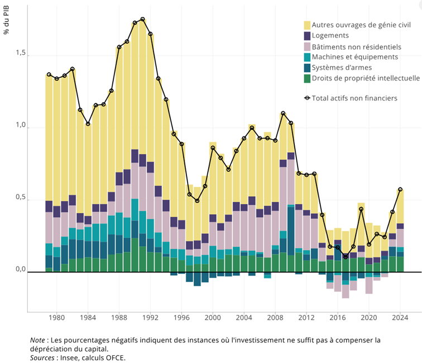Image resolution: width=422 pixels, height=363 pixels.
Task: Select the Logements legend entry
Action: tap(330, 36)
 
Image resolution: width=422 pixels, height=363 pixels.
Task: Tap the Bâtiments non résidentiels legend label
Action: tap(356, 46)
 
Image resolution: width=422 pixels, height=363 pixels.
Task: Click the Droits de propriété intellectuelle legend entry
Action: tap(366, 78)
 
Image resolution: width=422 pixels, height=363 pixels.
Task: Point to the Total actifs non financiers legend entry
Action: tap(354, 98)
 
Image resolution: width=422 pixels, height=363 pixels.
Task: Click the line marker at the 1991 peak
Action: tap(143, 20)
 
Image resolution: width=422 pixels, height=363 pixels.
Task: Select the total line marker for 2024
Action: tap(400, 190)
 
